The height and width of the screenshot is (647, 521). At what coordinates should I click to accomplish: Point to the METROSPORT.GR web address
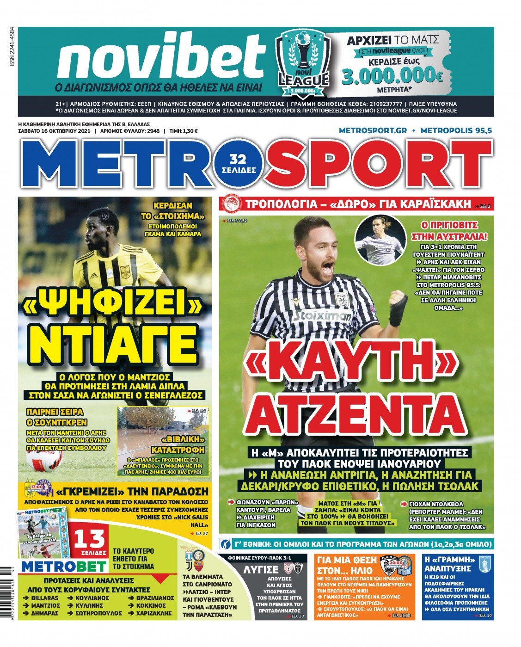[x=373, y=131]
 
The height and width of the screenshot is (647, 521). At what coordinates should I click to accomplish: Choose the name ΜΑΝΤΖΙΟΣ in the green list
[x=45, y=605]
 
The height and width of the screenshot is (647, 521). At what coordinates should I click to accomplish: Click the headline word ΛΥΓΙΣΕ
[x=261, y=569]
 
